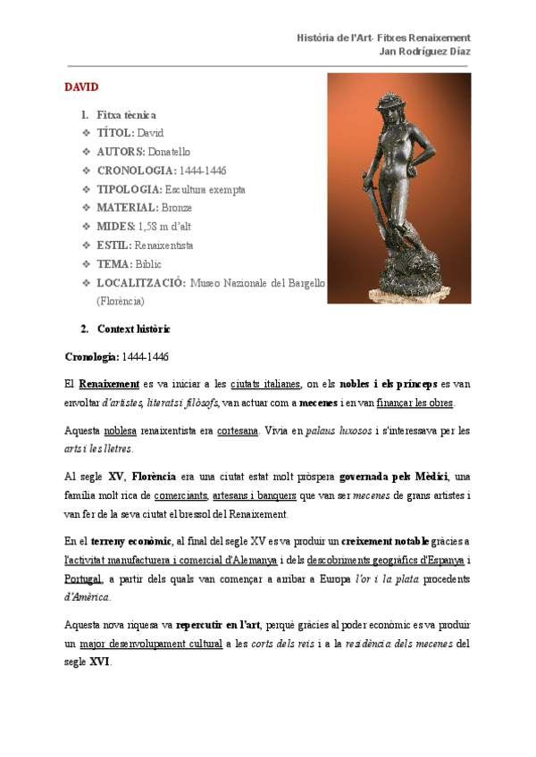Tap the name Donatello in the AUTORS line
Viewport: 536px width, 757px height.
coord(169,152)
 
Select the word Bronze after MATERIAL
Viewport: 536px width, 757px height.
coord(180,208)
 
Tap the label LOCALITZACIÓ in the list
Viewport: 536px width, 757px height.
coord(141,283)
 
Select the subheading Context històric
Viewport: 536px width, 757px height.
coord(133,329)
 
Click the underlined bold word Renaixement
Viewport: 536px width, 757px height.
coord(103,384)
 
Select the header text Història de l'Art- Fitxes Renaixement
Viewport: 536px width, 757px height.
coord(383,37)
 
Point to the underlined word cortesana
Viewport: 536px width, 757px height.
coord(238,430)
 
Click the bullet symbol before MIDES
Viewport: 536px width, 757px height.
coord(86,227)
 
